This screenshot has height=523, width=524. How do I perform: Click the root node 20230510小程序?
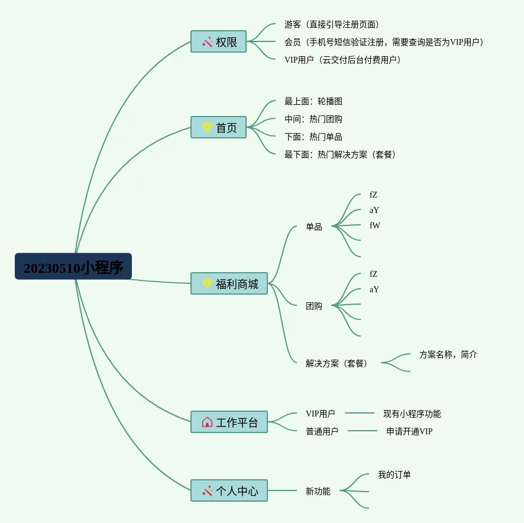coord(73,267)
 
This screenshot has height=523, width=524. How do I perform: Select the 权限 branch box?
coord(218,42)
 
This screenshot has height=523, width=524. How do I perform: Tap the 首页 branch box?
coord(218,128)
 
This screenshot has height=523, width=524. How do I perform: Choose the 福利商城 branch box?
coord(229,284)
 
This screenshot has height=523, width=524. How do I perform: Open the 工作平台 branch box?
coord(229,422)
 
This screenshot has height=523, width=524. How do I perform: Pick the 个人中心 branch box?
coord(229,490)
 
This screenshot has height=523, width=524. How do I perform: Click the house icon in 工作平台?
coord(207,422)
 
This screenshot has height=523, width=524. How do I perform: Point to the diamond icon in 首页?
coord(207,128)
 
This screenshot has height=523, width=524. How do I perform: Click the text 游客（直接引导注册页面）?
coord(331,25)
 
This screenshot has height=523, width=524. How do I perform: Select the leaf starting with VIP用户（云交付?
coord(342,60)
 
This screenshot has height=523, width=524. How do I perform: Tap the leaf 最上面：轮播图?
coord(313,102)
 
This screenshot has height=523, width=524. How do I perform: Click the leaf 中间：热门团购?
coord(313,119)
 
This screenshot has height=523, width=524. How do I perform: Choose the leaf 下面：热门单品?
coord(313,137)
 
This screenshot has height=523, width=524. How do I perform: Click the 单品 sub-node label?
coord(314,227)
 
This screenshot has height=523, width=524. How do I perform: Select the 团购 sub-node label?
coord(314,306)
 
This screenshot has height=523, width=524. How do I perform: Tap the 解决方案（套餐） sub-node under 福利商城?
coord(337,363)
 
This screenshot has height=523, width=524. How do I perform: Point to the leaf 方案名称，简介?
coord(448,354)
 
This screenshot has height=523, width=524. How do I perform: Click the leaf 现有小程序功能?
coord(412,414)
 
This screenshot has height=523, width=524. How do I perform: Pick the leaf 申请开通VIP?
coord(409,431)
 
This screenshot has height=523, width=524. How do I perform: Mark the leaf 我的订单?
coord(394,474)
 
